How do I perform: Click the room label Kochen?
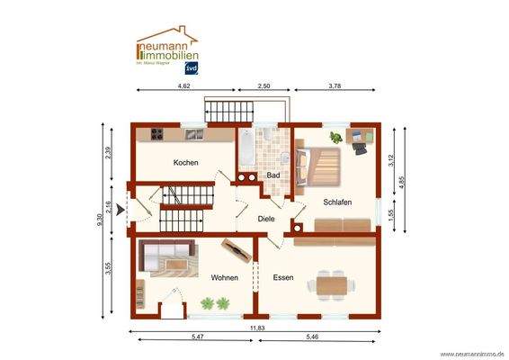coord(186,162)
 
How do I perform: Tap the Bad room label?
coord(272,175)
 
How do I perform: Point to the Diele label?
coord(266,219)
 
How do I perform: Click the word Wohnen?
coord(224,278)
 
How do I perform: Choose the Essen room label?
coord(284,278)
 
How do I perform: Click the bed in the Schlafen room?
coord(324,166)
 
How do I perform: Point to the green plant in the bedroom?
coord(335,138)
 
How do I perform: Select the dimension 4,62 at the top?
coord(183,85)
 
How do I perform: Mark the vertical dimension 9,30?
coord(100,219)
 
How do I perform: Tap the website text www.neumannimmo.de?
coord(471,354)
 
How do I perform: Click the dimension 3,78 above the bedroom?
coord(335,85)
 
